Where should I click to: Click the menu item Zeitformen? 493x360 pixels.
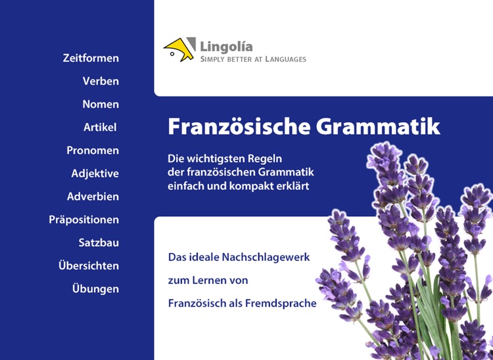(91, 58)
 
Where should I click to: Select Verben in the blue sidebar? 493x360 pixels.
(101, 81)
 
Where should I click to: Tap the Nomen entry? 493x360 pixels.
(101, 104)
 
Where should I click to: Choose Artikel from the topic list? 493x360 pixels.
(100, 127)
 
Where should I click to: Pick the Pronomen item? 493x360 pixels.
(93, 150)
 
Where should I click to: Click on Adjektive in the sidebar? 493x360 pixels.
(95, 173)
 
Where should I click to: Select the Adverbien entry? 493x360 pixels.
(93, 196)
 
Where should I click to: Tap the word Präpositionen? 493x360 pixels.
(84, 219)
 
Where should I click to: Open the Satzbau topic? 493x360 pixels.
(99, 242)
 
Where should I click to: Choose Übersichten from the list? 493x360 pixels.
(89, 265)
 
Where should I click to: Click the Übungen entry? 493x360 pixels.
(95, 288)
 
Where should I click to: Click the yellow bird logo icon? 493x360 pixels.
(179, 49)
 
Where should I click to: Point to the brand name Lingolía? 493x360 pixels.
(226, 47)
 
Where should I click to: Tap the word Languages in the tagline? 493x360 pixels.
(286, 59)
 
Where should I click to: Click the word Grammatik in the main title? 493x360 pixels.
(378, 126)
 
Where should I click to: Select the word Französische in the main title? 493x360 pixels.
(239, 126)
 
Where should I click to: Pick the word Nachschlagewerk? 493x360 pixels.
(266, 258)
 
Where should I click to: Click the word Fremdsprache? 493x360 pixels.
(281, 303)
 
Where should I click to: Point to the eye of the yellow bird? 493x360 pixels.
(172, 54)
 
